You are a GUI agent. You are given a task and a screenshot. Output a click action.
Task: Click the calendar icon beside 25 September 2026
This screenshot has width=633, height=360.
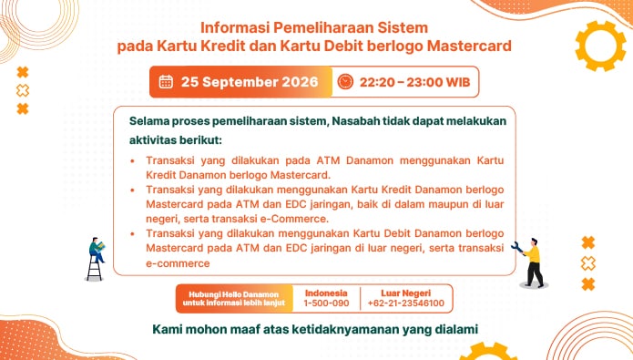pyautogui.click(x=166, y=82)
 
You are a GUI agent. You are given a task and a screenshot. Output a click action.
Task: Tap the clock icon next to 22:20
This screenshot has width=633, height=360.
pyautogui.click(x=345, y=82)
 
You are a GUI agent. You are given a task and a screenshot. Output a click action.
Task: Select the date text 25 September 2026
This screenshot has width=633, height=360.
pyautogui.click(x=250, y=82)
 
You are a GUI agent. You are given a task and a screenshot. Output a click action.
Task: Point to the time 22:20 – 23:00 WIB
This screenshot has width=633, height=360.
pyautogui.click(x=415, y=82)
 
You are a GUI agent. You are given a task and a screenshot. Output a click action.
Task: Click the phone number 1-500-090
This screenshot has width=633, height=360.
pyautogui.click(x=326, y=303)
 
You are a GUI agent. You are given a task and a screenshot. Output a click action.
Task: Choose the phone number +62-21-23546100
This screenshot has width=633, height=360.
pyautogui.click(x=405, y=303)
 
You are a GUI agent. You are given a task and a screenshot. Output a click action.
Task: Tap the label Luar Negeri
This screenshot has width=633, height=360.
pyautogui.click(x=405, y=293)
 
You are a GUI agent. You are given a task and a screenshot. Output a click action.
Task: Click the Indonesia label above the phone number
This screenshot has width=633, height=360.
pyautogui.click(x=326, y=293)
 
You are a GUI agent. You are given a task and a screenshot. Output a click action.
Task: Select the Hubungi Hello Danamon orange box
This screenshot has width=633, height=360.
pyautogui.click(x=234, y=299)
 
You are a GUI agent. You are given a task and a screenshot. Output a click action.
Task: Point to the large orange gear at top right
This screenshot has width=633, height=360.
pyautogui.click(x=600, y=46)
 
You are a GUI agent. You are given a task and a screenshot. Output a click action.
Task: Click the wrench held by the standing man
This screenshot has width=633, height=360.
pyautogui.click(x=517, y=248)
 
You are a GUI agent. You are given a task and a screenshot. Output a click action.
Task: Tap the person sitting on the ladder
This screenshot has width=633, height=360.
pyautogui.click(x=97, y=250)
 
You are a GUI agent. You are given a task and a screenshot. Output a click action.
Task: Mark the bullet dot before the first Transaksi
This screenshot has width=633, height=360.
pyautogui.click(x=132, y=161)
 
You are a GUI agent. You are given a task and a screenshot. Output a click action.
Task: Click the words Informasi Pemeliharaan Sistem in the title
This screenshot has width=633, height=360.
pyautogui.click(x=314, y=28)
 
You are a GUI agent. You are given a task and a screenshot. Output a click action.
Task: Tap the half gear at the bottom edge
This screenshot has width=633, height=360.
pyautogui.click(x=488, y=352)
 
